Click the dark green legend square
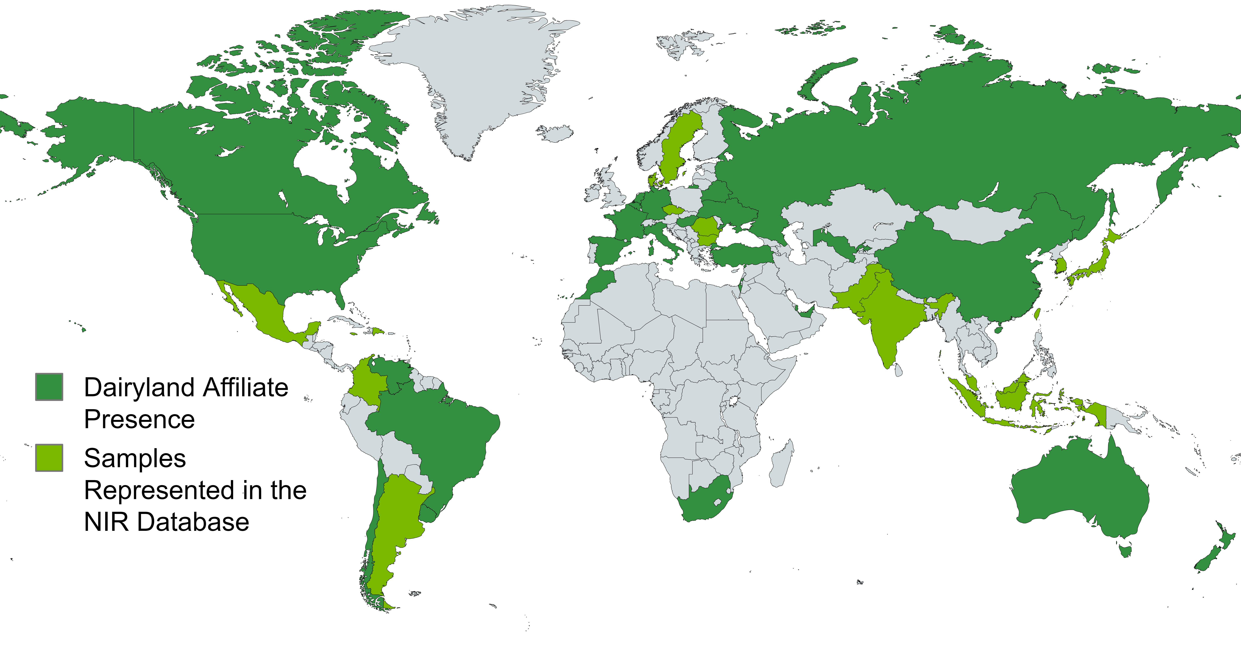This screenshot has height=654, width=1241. pyautogui.click(x=49, y=386)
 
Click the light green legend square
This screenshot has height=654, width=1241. pyautogui.click(x=49, y=457)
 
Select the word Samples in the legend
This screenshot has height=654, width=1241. pyautogui.click(x=135, y=458)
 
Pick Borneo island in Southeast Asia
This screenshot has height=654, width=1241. pyautogui.click(x=1012, y=395)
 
